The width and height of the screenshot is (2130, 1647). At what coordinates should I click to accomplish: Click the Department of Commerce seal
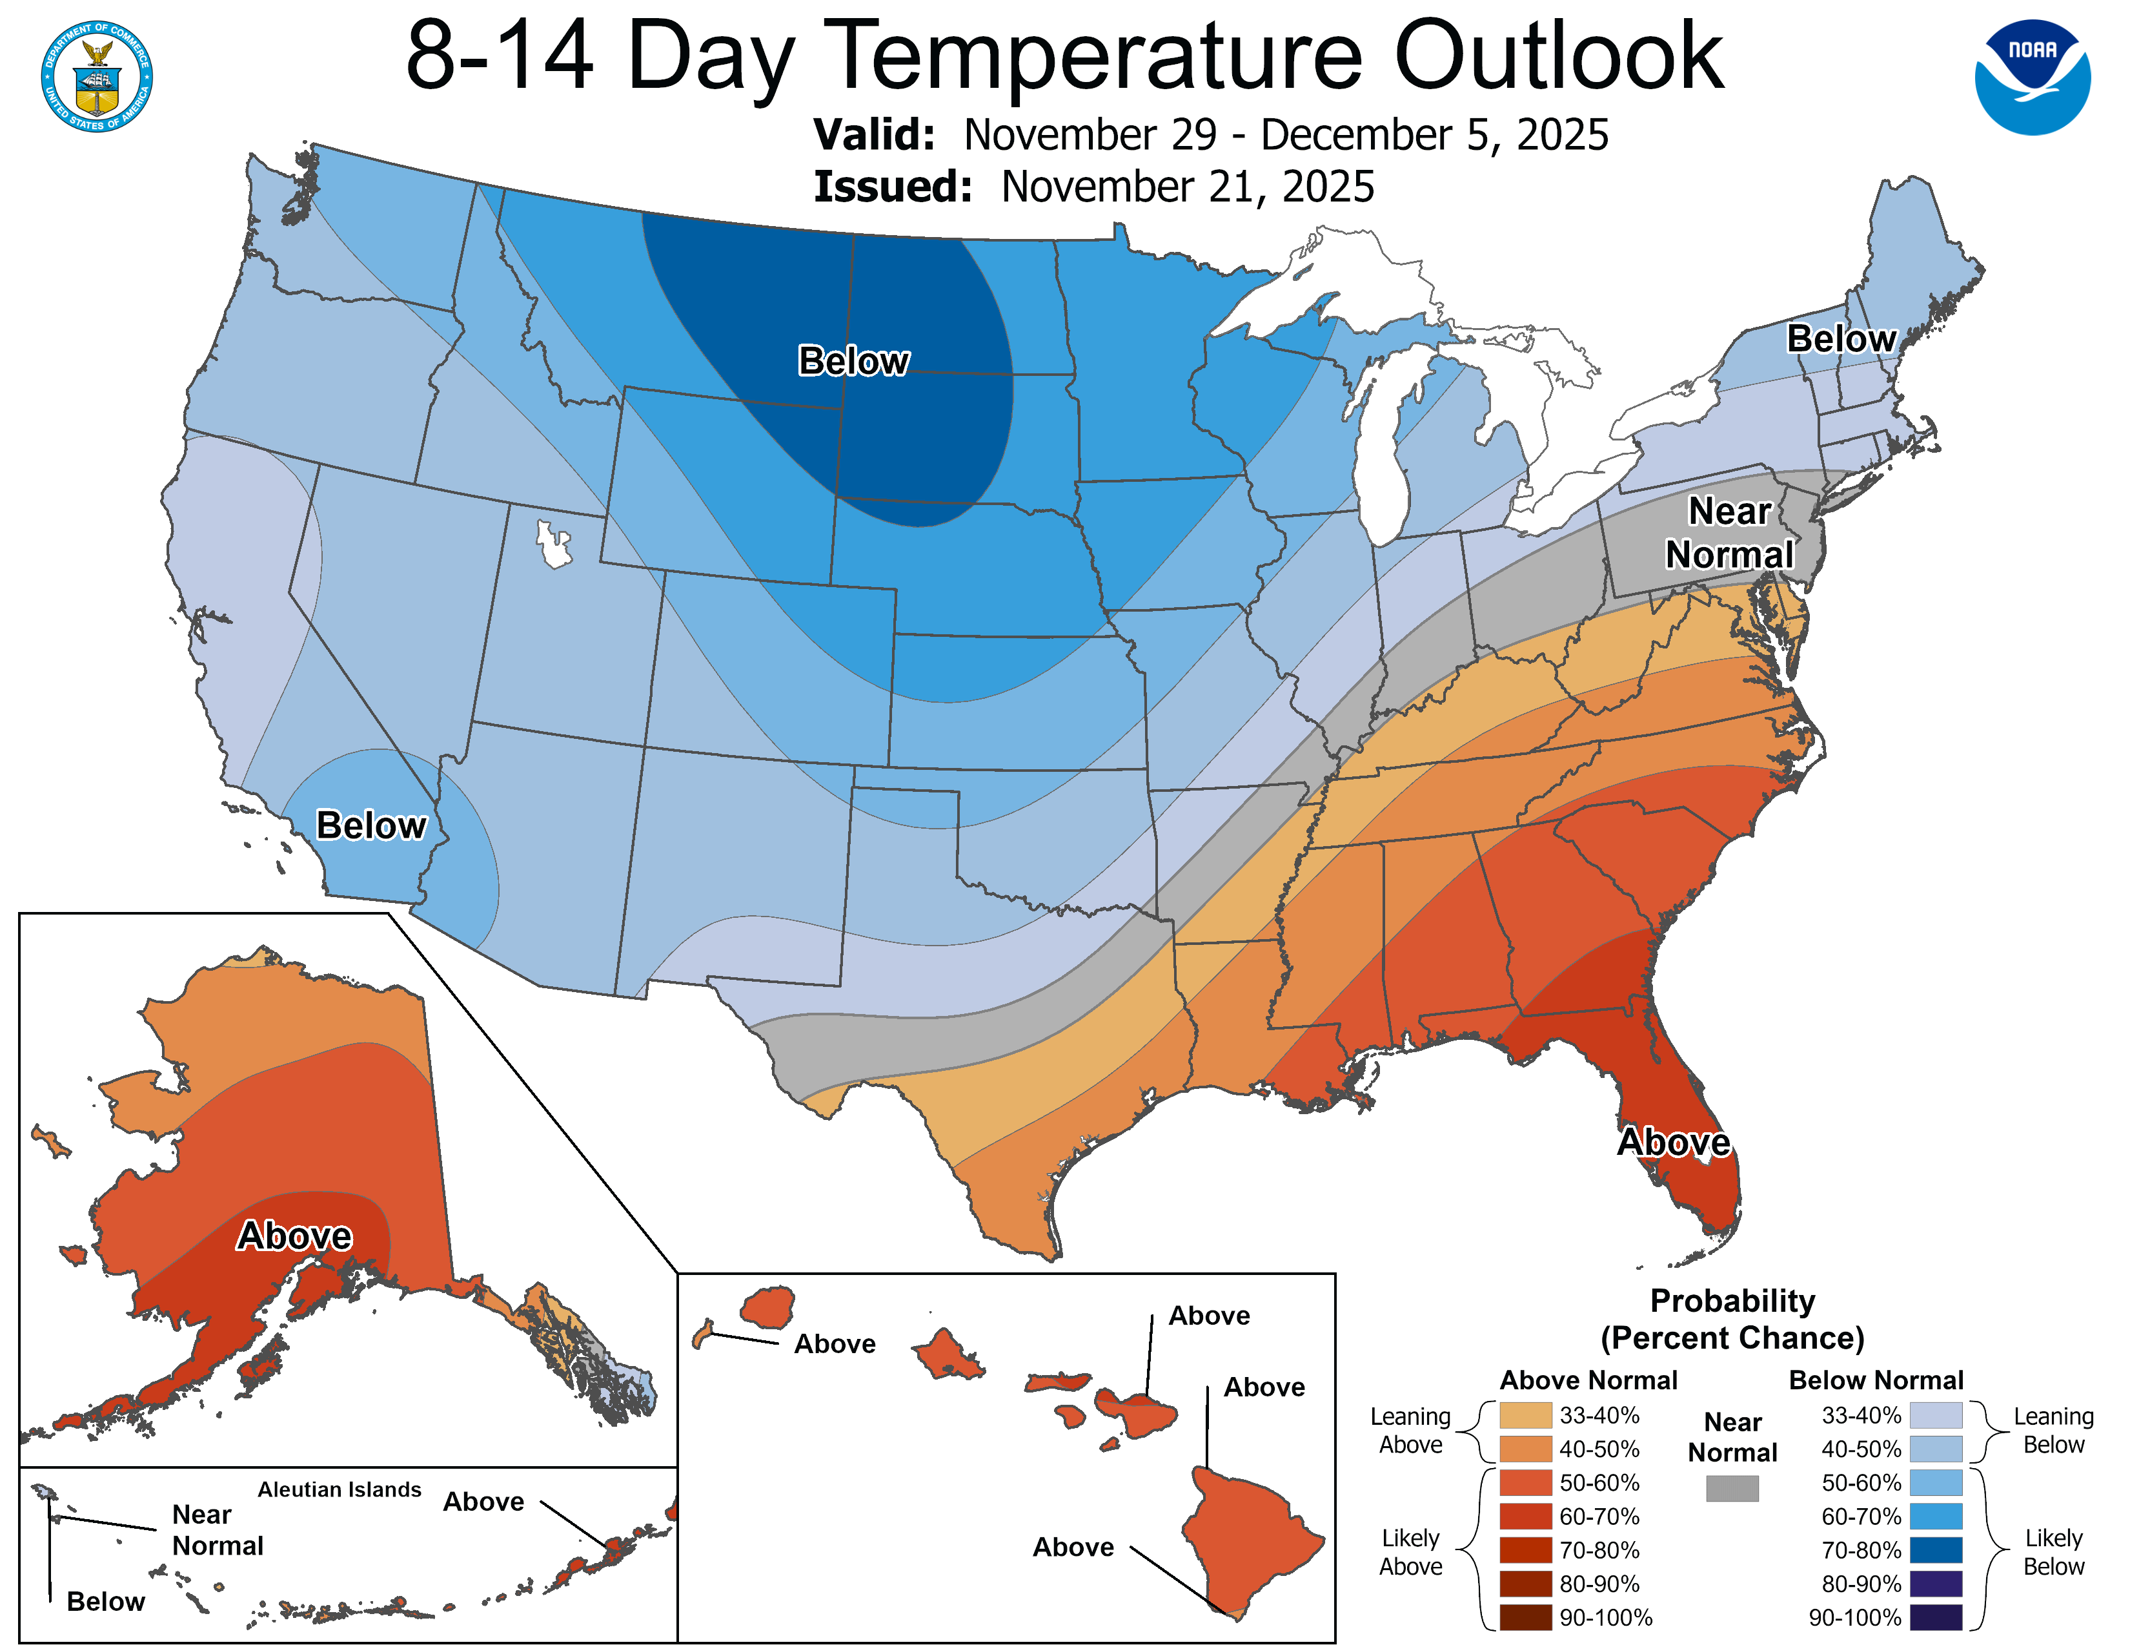click(97, 76)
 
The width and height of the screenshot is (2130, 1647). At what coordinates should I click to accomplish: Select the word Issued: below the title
click(893, 187)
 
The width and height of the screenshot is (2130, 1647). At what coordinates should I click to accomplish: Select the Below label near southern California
click(370, 825)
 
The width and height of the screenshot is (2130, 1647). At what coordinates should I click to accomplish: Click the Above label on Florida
click(1674, 1141)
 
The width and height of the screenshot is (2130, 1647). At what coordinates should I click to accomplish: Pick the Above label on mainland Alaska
click(294, 1235)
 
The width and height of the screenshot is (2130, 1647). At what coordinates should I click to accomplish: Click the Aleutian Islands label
click(340, 1489)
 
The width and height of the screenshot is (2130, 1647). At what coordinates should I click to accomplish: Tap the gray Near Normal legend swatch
click(1732, 1488)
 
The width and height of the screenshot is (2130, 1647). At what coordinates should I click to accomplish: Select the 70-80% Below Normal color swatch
click(1935, 1550)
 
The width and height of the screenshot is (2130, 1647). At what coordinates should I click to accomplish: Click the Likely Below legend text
click(2053, 1551)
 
